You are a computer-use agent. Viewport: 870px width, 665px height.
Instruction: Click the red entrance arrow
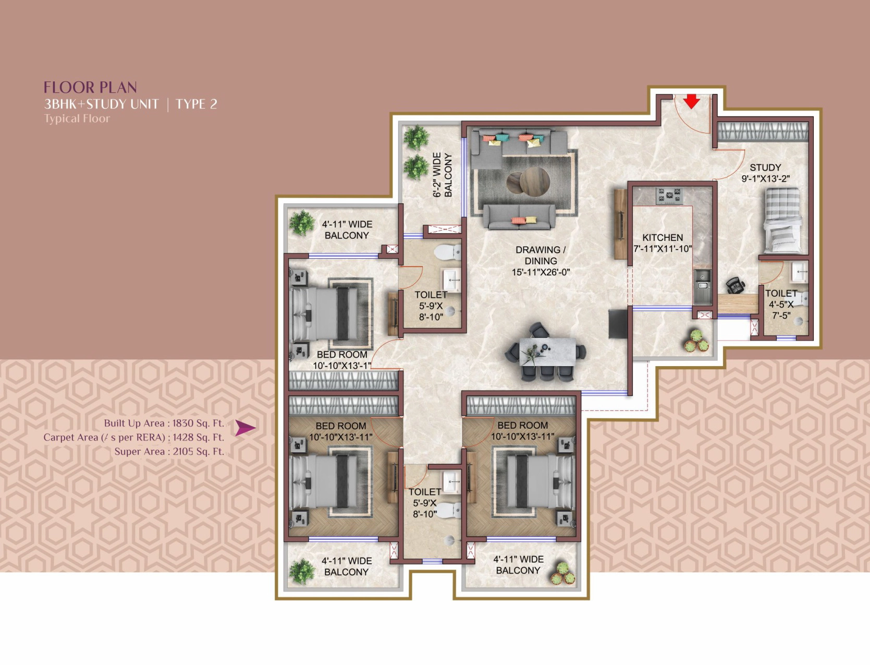[692, 101]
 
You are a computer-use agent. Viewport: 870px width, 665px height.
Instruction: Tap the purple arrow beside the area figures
[245, 428]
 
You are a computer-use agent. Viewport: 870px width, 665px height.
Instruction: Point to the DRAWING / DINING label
[541, 261]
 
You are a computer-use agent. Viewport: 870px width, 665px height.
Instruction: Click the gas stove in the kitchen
[669, 196]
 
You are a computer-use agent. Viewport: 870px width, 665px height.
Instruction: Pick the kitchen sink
[703, 281]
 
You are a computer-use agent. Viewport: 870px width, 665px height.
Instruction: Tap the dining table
[548, 352]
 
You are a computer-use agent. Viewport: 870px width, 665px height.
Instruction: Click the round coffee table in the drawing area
[534, 180]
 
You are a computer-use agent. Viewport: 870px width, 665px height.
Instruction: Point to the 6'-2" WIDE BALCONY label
[442, 175]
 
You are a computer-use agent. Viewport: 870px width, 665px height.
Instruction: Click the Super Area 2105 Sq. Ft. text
[169, 451]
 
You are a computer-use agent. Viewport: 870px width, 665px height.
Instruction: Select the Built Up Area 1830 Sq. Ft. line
[164, 423]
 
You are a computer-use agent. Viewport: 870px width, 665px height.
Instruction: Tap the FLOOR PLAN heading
[90, 87]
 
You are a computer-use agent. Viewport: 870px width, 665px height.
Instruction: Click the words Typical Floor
[77, 118]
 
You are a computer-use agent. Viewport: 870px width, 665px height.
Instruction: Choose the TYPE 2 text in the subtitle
[197, 104]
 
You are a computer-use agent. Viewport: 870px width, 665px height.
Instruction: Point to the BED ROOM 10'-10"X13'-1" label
[341, 360]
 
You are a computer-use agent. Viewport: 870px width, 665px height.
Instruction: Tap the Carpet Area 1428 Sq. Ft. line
[133, 438]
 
